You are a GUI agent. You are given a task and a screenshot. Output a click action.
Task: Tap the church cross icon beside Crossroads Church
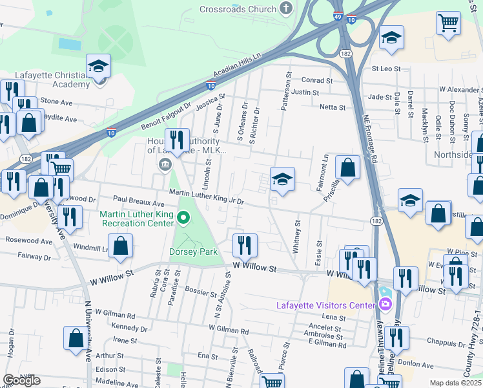pos(286,8)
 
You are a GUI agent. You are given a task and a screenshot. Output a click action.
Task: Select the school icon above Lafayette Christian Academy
pos(98,67)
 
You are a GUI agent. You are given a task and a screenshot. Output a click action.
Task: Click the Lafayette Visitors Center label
pos(325,305)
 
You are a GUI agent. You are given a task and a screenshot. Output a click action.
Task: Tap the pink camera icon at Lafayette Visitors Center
pos(385,304)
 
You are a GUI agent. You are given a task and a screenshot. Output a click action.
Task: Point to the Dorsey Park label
pos(194,252)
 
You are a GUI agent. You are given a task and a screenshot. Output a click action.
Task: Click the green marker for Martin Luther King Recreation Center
pos(182,218)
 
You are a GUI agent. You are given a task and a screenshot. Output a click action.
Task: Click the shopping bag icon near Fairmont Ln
pos(347,169)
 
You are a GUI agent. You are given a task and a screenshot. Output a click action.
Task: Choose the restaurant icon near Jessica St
pos(176,138)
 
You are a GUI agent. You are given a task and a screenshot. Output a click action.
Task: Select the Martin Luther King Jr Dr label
pos(206,197)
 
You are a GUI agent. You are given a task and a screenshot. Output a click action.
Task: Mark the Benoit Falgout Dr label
pos(165,117)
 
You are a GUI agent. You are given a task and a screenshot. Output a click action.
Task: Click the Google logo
pos(21,380)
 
